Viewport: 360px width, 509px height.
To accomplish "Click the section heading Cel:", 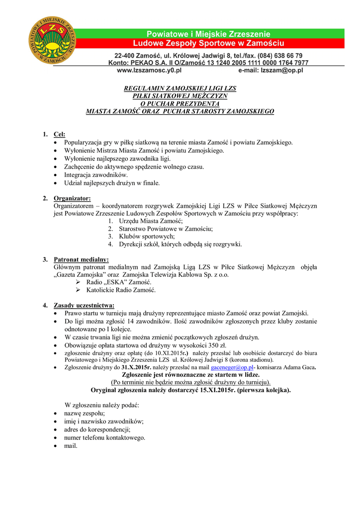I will click(x=59, y=134).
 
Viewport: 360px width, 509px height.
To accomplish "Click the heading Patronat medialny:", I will click(x=81, y=259).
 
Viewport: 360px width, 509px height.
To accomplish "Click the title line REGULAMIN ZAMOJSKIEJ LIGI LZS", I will click(x=180, y=88).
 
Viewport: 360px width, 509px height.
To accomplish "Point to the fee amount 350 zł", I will click(x=217, y=345).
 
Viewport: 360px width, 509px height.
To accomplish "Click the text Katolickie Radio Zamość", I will click(x=121, y=290).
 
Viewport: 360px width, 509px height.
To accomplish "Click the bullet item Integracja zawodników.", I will click(x=96, y=174).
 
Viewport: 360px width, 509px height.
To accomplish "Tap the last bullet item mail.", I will click(x=71, y=446).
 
